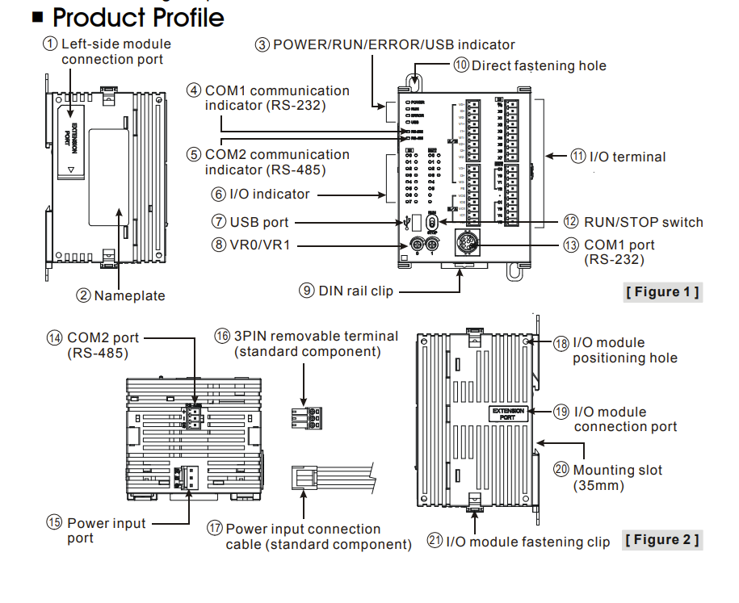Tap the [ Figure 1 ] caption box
(x=662, y=291)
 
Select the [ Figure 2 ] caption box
(x=662, y=539)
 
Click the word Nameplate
(x=129, y=295)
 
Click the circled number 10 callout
(x=461, y=65)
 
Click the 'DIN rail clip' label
(x=356, y=290)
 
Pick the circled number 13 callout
(x=572, y=245)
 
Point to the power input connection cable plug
(x=304, y=477)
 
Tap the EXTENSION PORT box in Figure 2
(x=507, y=413)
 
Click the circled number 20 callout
(x=561, y=470)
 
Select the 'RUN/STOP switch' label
(x=644, y=222)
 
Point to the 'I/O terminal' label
(x=628, y=157)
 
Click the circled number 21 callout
(x=435, y=542)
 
